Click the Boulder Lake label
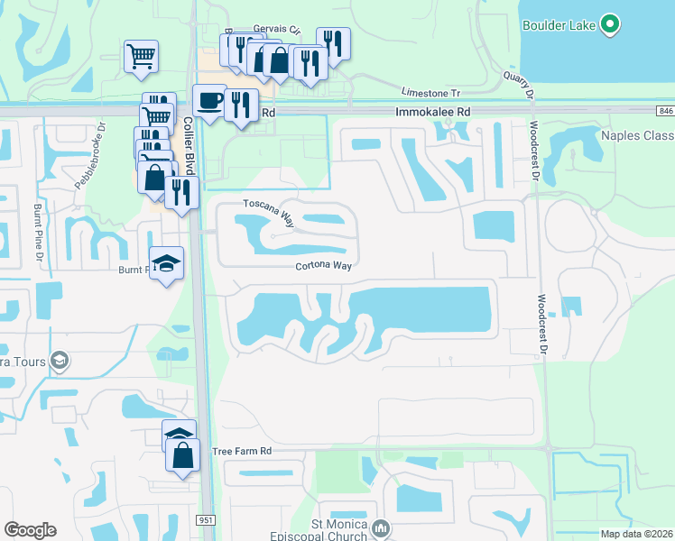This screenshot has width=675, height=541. tap(559, 25)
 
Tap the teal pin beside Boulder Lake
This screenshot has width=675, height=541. tap(610, 25)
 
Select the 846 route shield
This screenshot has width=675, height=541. tap(665, 110)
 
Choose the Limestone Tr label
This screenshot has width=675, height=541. tap(430, 93)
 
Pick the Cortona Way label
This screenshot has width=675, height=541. tap(322, 265)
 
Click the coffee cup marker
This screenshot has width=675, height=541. tap(208, 100)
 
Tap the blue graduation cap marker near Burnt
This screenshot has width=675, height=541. tap(166, 263)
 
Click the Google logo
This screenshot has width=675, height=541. tap(30, 529)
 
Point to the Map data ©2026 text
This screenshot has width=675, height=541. tap(636, 534)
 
